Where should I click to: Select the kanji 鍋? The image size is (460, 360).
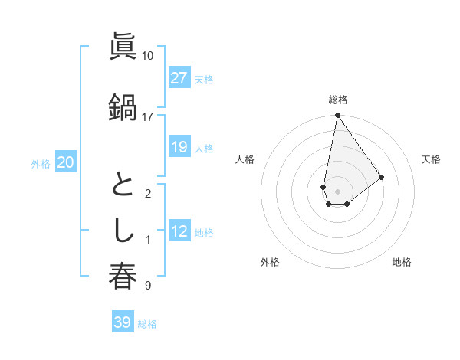point(123,106)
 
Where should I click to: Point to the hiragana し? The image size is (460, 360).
point(123,231)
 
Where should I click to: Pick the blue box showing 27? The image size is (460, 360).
point(179,78)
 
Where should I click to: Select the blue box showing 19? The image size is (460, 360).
point(179,147)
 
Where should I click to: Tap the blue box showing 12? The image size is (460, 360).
point(179,231)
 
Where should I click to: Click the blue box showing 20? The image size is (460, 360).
point(66,162)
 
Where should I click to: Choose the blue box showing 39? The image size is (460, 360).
point(122,322)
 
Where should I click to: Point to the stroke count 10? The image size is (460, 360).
point(147,56)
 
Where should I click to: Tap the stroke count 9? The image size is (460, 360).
point(147,286)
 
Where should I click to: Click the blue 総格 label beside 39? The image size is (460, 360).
point(147,324)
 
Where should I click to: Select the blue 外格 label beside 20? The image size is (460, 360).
point(41,163)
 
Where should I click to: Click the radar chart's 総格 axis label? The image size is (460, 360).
point(337,100)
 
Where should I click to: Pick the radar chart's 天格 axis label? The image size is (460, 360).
point(431,159)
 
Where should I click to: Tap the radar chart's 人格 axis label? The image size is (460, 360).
point(245,159)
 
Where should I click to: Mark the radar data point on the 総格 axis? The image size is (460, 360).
point(337,116)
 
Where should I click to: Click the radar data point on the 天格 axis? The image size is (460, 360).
point(381,177)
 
